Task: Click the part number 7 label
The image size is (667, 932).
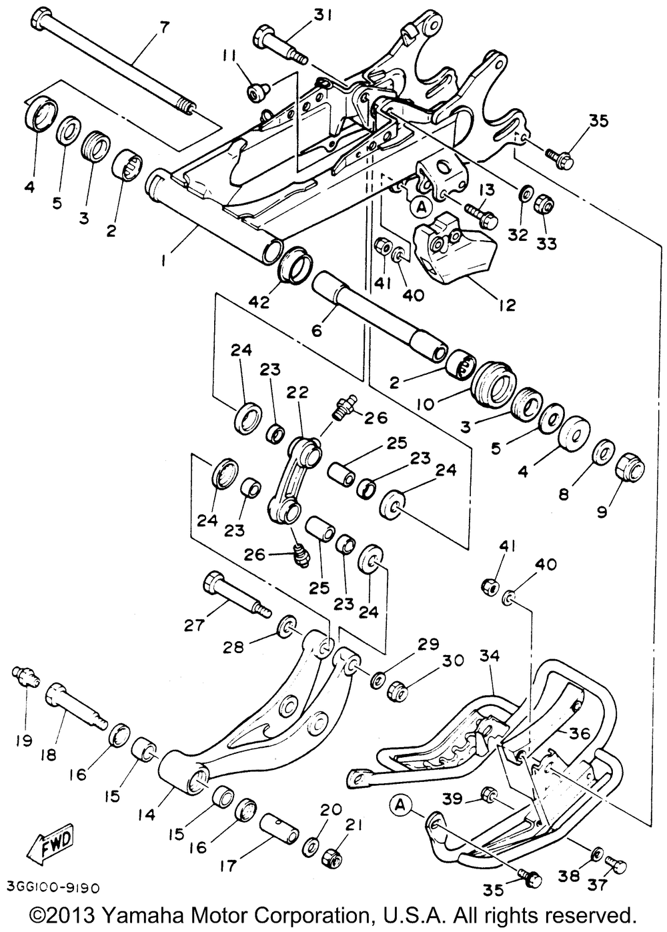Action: (x=165, y=27)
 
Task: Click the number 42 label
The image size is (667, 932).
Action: (x=259, y=302)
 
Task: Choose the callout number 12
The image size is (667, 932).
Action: (x=507, y=306)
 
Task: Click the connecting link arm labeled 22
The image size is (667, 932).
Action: (x=291, y=478)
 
